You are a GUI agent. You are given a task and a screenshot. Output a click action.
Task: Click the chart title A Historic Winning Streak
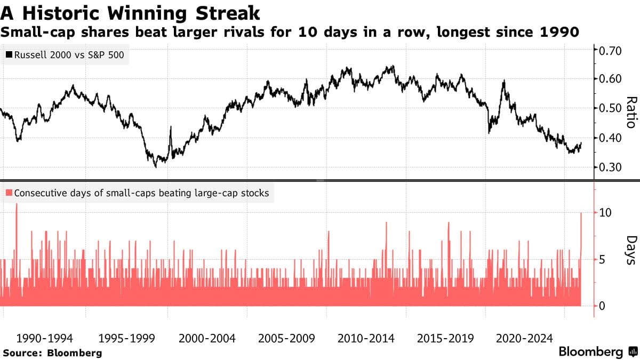pyautogui.click(x=131, y=12)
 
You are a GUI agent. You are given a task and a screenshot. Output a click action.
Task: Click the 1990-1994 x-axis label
pyautogui.click(x=45, y=338)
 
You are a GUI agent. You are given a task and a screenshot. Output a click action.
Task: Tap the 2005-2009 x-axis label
pyautogui.click(x=286, y=338)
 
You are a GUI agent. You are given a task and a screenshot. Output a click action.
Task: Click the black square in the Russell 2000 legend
pyautogui.click(x=9, y=54)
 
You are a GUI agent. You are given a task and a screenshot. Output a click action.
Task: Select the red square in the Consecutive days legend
pyautogui.click(x=9, y=193)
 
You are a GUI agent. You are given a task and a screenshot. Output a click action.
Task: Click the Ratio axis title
pyautogui.click(x=631, y=112)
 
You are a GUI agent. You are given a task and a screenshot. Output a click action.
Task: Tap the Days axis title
pyautogui.click(x=631, y=250)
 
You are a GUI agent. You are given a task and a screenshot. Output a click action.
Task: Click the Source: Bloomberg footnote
pyautogui.click(x=52, y=353)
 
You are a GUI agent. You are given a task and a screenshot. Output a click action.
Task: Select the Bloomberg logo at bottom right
pyautogui.click(x=597, y=352)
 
